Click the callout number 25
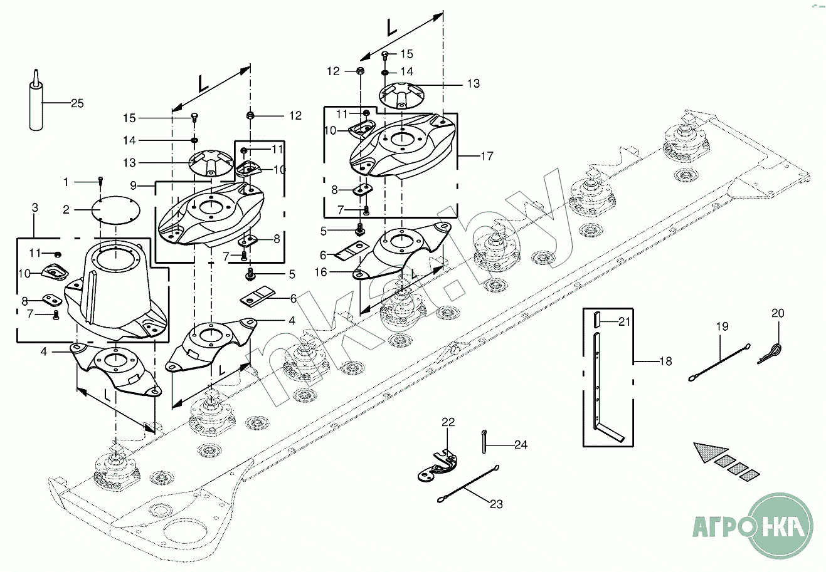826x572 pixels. tap(77, 103)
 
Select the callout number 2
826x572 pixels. tap(66, 210)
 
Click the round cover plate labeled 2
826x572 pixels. tap(115, 211)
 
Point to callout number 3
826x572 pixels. tap(35, 208)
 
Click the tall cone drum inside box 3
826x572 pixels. tap(116, 291)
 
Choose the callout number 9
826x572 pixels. tap(134, 185)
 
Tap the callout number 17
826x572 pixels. tap(487, 156)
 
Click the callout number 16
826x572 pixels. tap(321, 272)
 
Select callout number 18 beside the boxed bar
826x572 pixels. tap(665, 361)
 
